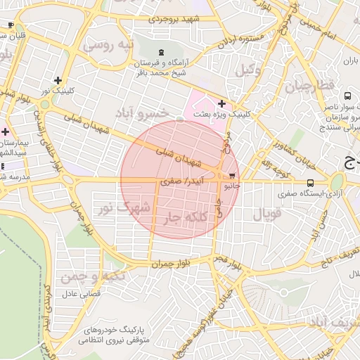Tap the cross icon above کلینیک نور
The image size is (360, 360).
pos(58,80)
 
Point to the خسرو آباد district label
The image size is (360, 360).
pos(162,112)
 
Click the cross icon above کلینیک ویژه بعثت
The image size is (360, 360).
pos(222,103)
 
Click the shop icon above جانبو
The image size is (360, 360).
pos(233,176)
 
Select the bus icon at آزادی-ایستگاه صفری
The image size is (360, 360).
pos(311,183)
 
